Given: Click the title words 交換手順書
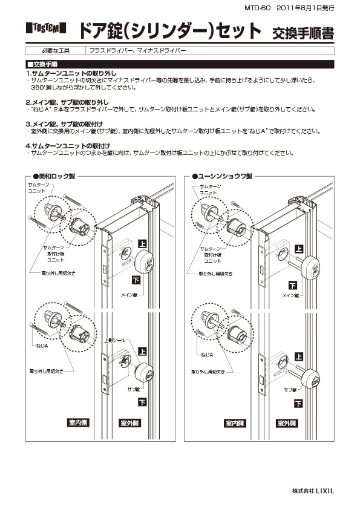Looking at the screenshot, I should click(x=303, y=31).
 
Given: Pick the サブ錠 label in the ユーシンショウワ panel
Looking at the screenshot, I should click(x=290, y=390).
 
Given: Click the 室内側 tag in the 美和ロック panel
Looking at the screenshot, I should click(x=77, y=422).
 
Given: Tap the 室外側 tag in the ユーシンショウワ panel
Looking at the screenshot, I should click(x=289, y=422).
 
